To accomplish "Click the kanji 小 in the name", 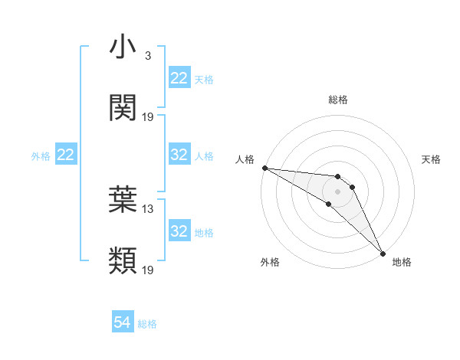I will tap(123, 47).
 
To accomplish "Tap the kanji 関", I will tap(123, 108).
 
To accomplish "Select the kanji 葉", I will tap(123, 200).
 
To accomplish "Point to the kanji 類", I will tap(123, 261).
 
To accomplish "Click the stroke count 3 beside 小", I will tap(147, 56).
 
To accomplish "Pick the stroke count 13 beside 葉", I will tap(148, 208).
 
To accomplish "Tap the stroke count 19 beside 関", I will tap(148, 116).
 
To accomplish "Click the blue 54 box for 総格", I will tap(123, 323).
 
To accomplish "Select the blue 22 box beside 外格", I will tap(66, 155).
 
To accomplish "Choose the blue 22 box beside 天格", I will tap(179, 78).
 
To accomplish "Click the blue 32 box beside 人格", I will tap(179, 155).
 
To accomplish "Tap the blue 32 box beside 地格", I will tap(179, 231).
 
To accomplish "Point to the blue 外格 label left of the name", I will tap(41, 156).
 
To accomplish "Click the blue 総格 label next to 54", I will tap(147, 324).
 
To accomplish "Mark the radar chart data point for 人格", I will tap(264, 168).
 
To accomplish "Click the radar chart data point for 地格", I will tap(383, 252).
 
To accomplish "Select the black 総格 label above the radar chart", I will tap(338, 100).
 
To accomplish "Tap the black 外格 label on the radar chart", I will tap(270, 263).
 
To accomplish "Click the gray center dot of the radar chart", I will tap(338, 191).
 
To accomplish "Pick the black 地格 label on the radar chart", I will tap(402, 263).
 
